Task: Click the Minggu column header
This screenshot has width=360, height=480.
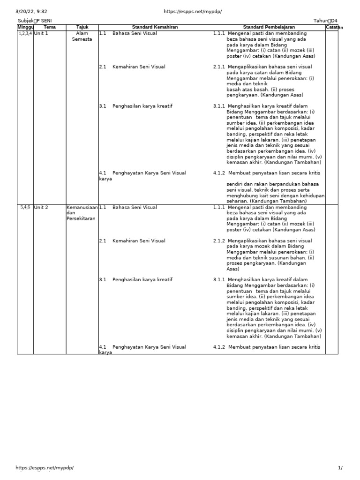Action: [25, 27]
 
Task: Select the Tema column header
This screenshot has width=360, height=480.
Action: [49, 27]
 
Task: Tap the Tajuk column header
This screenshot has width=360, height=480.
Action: [82, 27]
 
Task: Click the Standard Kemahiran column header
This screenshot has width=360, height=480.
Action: [155, 27]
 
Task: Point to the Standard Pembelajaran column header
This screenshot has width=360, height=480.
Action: [269, 27]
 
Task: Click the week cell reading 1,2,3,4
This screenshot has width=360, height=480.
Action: [25, 34]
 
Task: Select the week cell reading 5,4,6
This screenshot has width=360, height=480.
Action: [25, 207]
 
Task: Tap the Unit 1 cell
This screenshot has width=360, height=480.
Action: [41, 34]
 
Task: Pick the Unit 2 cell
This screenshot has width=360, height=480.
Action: [41, 207]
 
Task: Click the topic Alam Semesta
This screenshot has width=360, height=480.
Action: [82, 37]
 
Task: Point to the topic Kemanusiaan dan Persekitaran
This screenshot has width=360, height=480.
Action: [82, 213]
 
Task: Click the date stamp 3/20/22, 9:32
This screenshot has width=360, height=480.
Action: [31, 11]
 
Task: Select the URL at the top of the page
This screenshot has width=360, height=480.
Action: [192, 11]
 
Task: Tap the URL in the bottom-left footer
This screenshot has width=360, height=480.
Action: [45, 468]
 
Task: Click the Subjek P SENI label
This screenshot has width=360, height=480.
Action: [35, 21]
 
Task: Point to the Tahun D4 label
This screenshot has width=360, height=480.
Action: [326, 21]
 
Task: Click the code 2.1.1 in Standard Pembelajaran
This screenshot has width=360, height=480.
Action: [219, 67]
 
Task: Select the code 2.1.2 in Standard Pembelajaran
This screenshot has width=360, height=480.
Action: [219, 241]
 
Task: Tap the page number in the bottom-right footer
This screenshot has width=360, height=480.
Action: [340, 468]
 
